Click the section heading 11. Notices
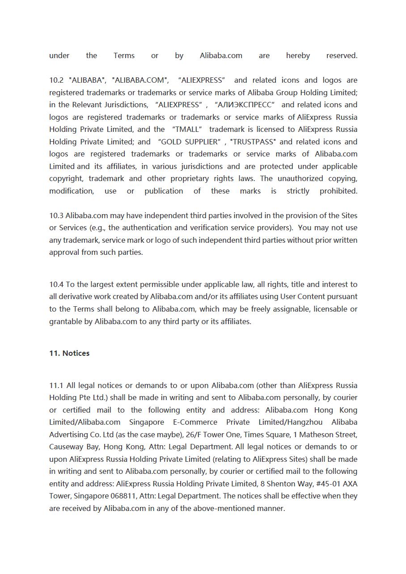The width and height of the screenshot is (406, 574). pyautogui.click(x=69, y=353)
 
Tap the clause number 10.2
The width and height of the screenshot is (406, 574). pyautogui.click(x=56, y=80)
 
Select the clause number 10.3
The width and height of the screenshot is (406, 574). pyautogui.click(x=56, y=215)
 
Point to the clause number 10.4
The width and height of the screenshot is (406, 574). pyautogui.click(x=56, y=284)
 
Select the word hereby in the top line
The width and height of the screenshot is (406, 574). pyautogui.click(x=298, y=56)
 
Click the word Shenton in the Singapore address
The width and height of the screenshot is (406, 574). pyautogui.click(x=281, y=484)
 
